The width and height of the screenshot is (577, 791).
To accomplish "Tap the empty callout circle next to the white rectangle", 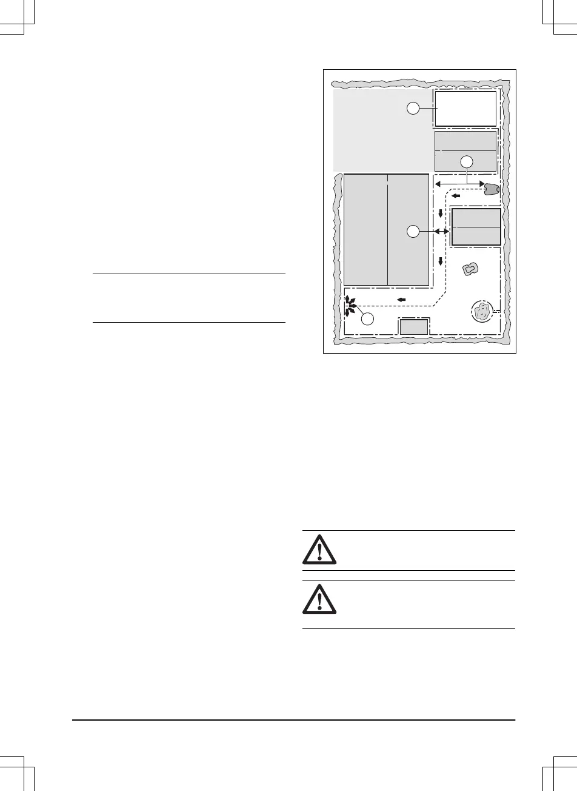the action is tap(412, 108).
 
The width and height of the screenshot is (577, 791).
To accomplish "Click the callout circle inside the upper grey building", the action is tap(466, 161).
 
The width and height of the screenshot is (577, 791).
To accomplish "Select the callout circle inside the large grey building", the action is tap(412, 231).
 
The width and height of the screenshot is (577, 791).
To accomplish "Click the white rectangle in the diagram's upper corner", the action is tap(465, 109).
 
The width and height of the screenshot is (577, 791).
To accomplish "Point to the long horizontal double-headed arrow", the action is tap(459, 183).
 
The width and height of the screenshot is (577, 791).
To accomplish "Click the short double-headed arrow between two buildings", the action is tap(441, 232).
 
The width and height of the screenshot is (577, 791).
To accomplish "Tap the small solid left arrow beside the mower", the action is tap(456, 196).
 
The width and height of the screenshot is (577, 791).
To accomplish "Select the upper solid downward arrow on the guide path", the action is tap(441, 214).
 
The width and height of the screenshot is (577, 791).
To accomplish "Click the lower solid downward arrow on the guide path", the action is tap(441, 261).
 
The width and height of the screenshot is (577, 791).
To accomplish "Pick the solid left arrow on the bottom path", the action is tap(401, 299).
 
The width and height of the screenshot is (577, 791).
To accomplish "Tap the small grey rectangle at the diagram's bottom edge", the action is tap(413, 327).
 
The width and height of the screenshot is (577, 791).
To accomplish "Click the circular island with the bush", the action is tap(482, 312).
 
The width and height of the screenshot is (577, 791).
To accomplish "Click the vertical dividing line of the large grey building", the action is tap(387, 231).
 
